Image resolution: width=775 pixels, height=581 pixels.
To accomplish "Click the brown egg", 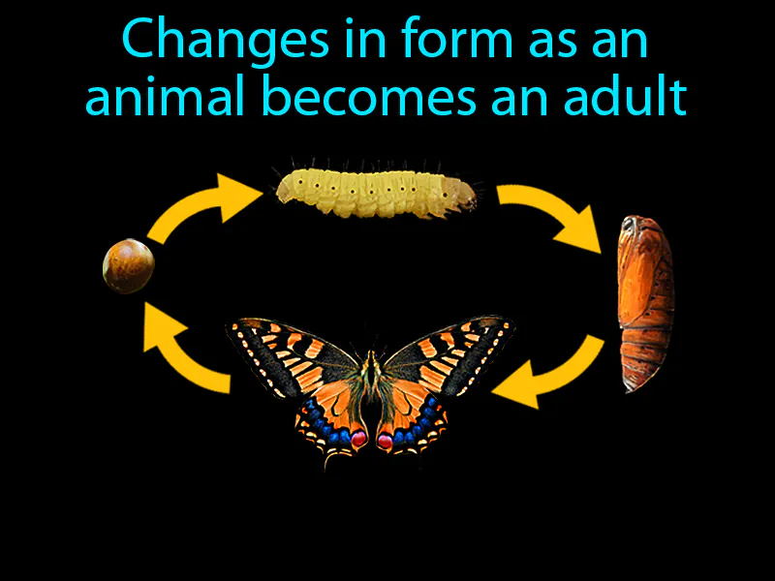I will coord(129,265).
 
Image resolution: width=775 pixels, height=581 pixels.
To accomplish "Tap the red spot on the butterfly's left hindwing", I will coord(357,439).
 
